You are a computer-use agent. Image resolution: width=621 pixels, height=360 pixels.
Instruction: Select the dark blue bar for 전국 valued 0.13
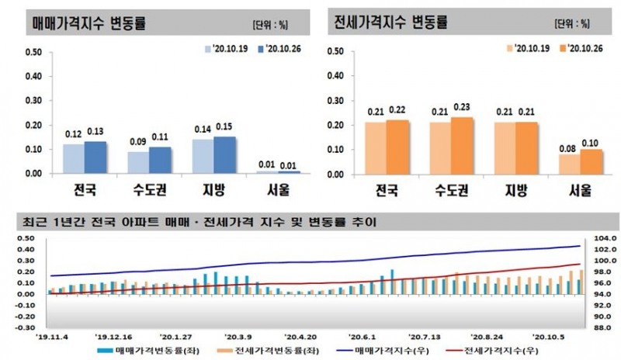tap(95, 157)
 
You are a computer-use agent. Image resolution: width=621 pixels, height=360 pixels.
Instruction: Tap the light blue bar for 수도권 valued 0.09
tap(137, 162)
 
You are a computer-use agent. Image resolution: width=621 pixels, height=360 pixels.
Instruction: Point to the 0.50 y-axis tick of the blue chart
tap(33, 53)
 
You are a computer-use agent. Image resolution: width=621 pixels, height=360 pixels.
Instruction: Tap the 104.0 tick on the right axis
tap(602, 239)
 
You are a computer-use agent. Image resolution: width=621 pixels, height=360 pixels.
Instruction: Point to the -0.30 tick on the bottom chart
tap(33, 327)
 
